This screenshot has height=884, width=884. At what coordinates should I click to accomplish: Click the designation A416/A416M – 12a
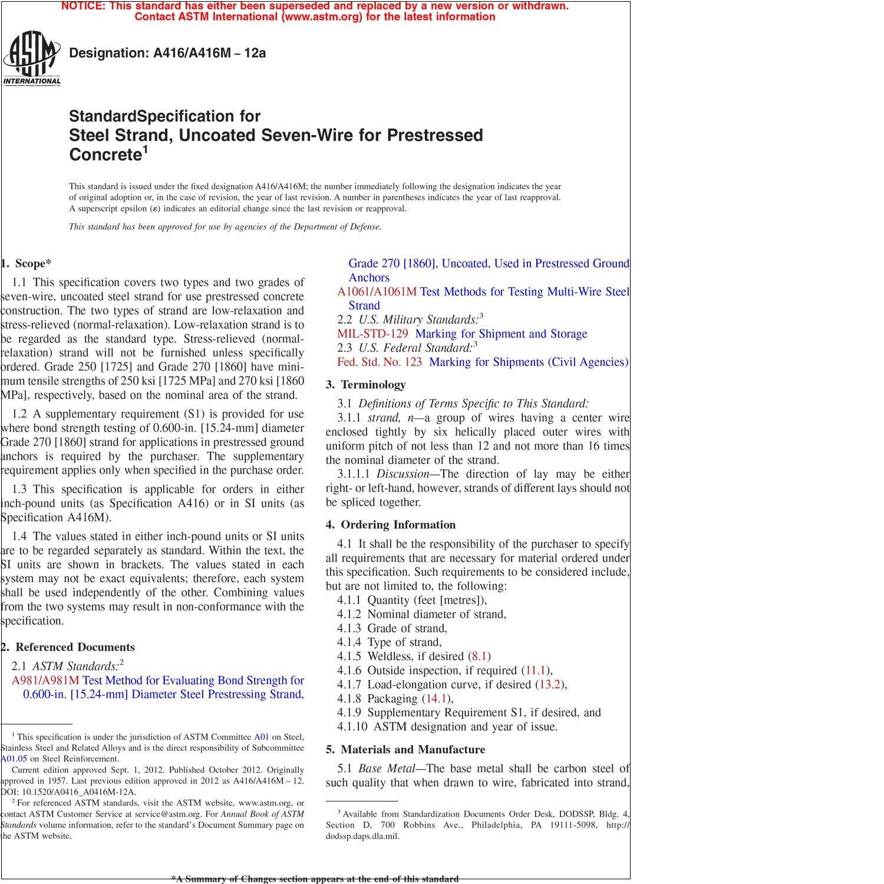[167, 53]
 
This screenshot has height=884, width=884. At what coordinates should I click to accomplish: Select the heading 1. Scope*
[27, 263]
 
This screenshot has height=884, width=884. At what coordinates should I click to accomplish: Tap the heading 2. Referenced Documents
[68, 647]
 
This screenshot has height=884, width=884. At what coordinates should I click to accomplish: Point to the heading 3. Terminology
[366, 385]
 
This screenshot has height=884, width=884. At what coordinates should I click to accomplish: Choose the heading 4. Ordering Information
[391, 525]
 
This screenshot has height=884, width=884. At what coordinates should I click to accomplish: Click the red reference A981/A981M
[45, 681]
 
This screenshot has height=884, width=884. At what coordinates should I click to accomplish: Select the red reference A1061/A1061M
[377, 292]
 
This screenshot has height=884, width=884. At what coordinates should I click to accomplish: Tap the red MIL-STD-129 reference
[372, 334]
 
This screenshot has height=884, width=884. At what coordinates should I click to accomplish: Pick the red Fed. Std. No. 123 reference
[380, 362]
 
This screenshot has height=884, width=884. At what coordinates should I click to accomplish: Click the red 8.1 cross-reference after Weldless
[479, 657]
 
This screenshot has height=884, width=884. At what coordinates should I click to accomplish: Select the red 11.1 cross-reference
[536, 671]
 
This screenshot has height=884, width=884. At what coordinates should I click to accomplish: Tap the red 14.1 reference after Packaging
[436, 699]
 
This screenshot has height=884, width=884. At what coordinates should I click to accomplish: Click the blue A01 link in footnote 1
[261, 737]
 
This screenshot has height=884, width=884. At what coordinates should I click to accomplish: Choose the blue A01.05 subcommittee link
[14, 758]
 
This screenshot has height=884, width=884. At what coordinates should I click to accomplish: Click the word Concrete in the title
[104, 155]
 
